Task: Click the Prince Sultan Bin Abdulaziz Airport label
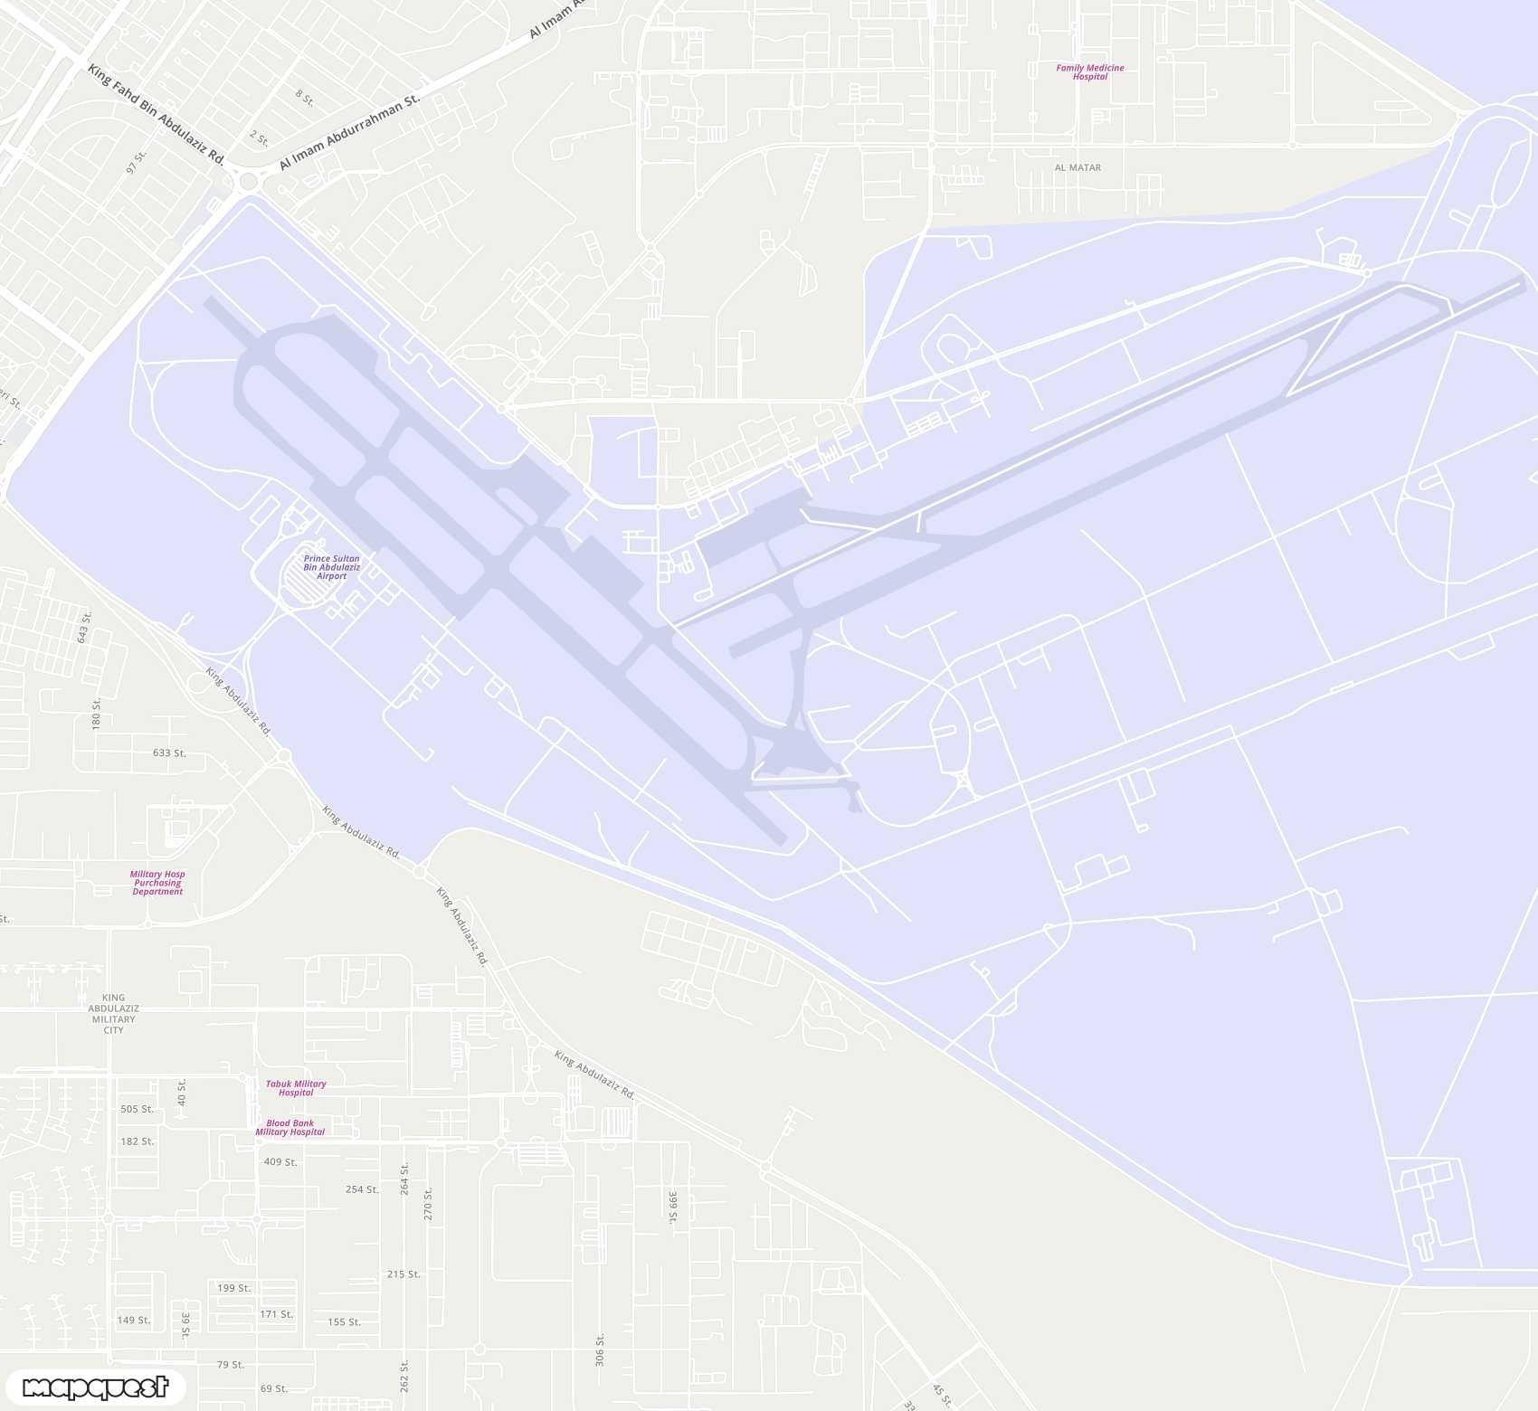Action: (x=331, y=567)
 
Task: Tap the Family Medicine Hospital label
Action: (x=1089, y=72)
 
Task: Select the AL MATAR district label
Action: (x=1078, y=167)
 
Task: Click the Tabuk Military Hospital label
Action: (x=296, y=1088)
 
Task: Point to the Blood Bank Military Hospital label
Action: (x=290, y=1127)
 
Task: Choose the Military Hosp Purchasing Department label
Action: (x=157, y=883)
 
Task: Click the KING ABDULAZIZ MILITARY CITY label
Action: (x=113, y=1014)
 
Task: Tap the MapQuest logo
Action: (x=95, y=1387)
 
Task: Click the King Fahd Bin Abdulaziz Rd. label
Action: (x=156, y=113)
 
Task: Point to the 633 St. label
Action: (x=169, y=753)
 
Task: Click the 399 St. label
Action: (x=672, y=1207)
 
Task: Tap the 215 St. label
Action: (x=403, y=1274)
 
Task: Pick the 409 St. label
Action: (x=280, y=1162)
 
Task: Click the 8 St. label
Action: (x=305, y=98)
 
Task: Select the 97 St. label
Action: (x=136, y=162)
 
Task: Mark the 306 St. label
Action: (x=599, y=1349)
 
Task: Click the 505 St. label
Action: (x=137, y=1109)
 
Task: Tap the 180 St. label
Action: (x=96, y=713)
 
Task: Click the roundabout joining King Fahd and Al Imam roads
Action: (x=247, y=182)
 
